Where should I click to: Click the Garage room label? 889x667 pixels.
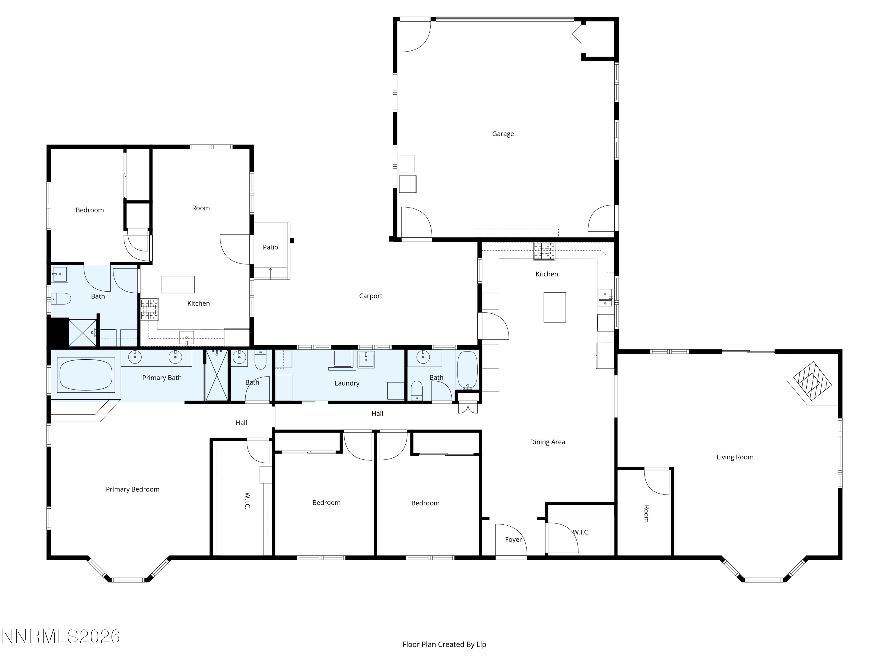503,134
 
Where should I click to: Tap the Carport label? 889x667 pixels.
370,296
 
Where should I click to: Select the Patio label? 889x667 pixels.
271,247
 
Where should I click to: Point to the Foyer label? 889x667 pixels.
513,540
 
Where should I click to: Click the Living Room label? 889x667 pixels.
735,457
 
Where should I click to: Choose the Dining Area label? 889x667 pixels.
547,442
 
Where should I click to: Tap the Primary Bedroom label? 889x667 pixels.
133,489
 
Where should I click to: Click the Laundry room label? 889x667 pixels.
347,383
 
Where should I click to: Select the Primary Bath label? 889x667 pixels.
162,378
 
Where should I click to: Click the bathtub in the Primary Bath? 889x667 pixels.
86,375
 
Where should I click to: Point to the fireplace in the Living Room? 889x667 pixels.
812,381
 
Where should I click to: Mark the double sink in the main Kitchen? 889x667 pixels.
605,298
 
